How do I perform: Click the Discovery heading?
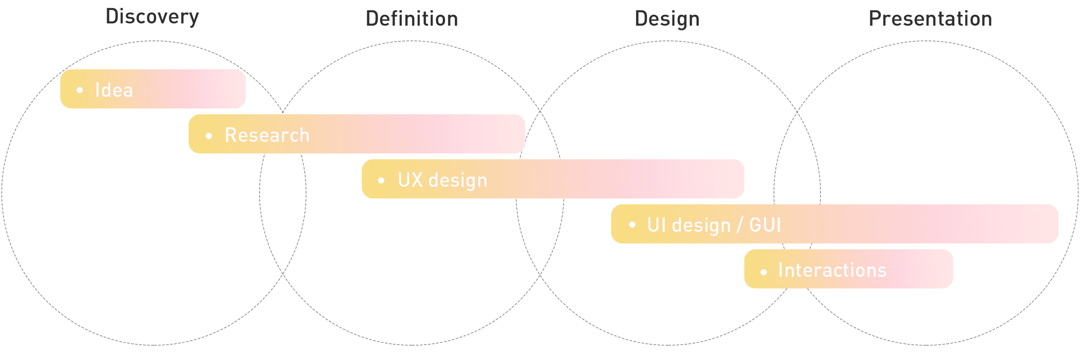[x=152, y=17]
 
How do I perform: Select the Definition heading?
[x=412, y=19]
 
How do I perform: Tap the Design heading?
[x=667, y=19]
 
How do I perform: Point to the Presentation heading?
[x=930, y=19]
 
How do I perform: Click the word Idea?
[x=114, y=90]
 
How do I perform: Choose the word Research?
[x=267, y=135]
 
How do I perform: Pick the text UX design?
[x=442, y=180]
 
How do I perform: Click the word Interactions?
[x=832, y=270]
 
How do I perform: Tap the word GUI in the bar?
[x=765, y=225]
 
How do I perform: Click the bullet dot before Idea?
[x=80, y=90]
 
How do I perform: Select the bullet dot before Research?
[x=209, y=135]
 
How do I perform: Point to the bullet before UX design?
[x=381, y=180]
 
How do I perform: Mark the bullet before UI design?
[x=632, y=224]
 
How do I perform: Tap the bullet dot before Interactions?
[x=763, y=272]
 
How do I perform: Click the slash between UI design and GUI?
[x=740, y=225]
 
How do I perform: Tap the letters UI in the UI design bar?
[x=656, y=225]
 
